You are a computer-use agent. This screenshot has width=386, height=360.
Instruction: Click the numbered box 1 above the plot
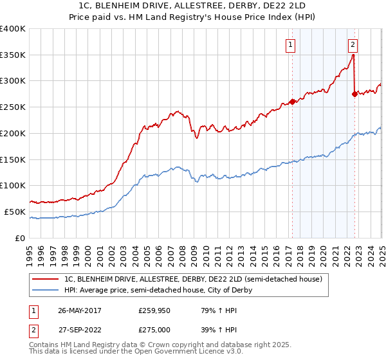(291, 45)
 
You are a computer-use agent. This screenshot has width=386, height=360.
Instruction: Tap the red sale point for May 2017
(292, 102)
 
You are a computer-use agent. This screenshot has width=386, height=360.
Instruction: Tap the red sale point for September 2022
(354, 94)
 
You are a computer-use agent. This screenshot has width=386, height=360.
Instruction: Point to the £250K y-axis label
(13, 107)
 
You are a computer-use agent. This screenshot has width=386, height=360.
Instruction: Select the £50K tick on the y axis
(15, 212)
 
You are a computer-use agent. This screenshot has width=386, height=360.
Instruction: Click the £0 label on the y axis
(20, 238)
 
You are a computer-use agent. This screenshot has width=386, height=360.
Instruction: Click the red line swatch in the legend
(46, 279)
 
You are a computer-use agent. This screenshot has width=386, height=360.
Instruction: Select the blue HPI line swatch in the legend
(46, 291)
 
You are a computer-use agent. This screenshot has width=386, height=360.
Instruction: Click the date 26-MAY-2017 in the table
(80, 310)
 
